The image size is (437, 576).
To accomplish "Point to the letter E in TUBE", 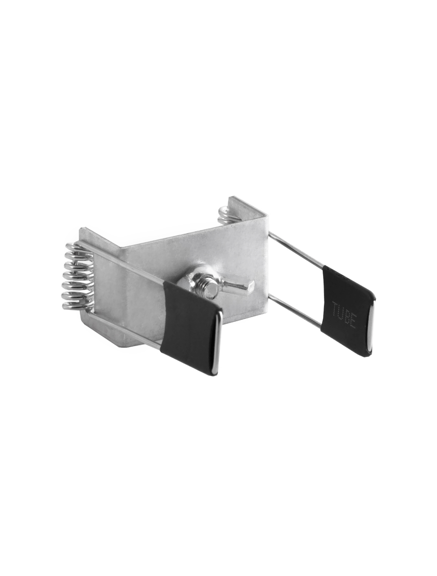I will click(353, 323).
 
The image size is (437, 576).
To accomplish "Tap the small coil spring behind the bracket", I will click(224, 214).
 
